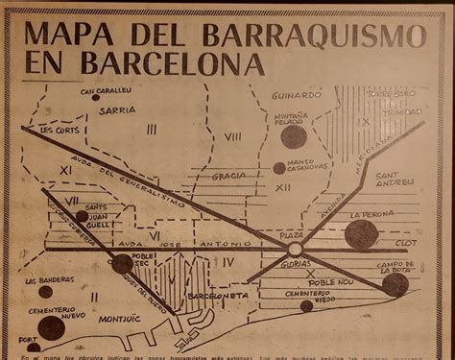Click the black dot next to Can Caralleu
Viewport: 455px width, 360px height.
96,97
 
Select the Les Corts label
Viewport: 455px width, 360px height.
60,129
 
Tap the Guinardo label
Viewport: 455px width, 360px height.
296,96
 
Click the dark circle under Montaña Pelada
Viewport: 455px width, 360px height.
294,137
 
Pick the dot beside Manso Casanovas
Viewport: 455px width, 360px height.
279,168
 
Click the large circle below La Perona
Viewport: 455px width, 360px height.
361,234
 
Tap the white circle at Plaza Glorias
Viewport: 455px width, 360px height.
295,250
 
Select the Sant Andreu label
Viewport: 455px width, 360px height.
395,179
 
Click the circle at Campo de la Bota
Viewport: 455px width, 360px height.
395,285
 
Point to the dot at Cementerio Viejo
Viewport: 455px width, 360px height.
306,306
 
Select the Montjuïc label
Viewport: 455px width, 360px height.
118,318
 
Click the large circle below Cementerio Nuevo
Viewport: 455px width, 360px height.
52,328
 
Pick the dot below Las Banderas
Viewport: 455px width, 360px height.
45,292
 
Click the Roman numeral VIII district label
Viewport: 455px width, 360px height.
232,138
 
